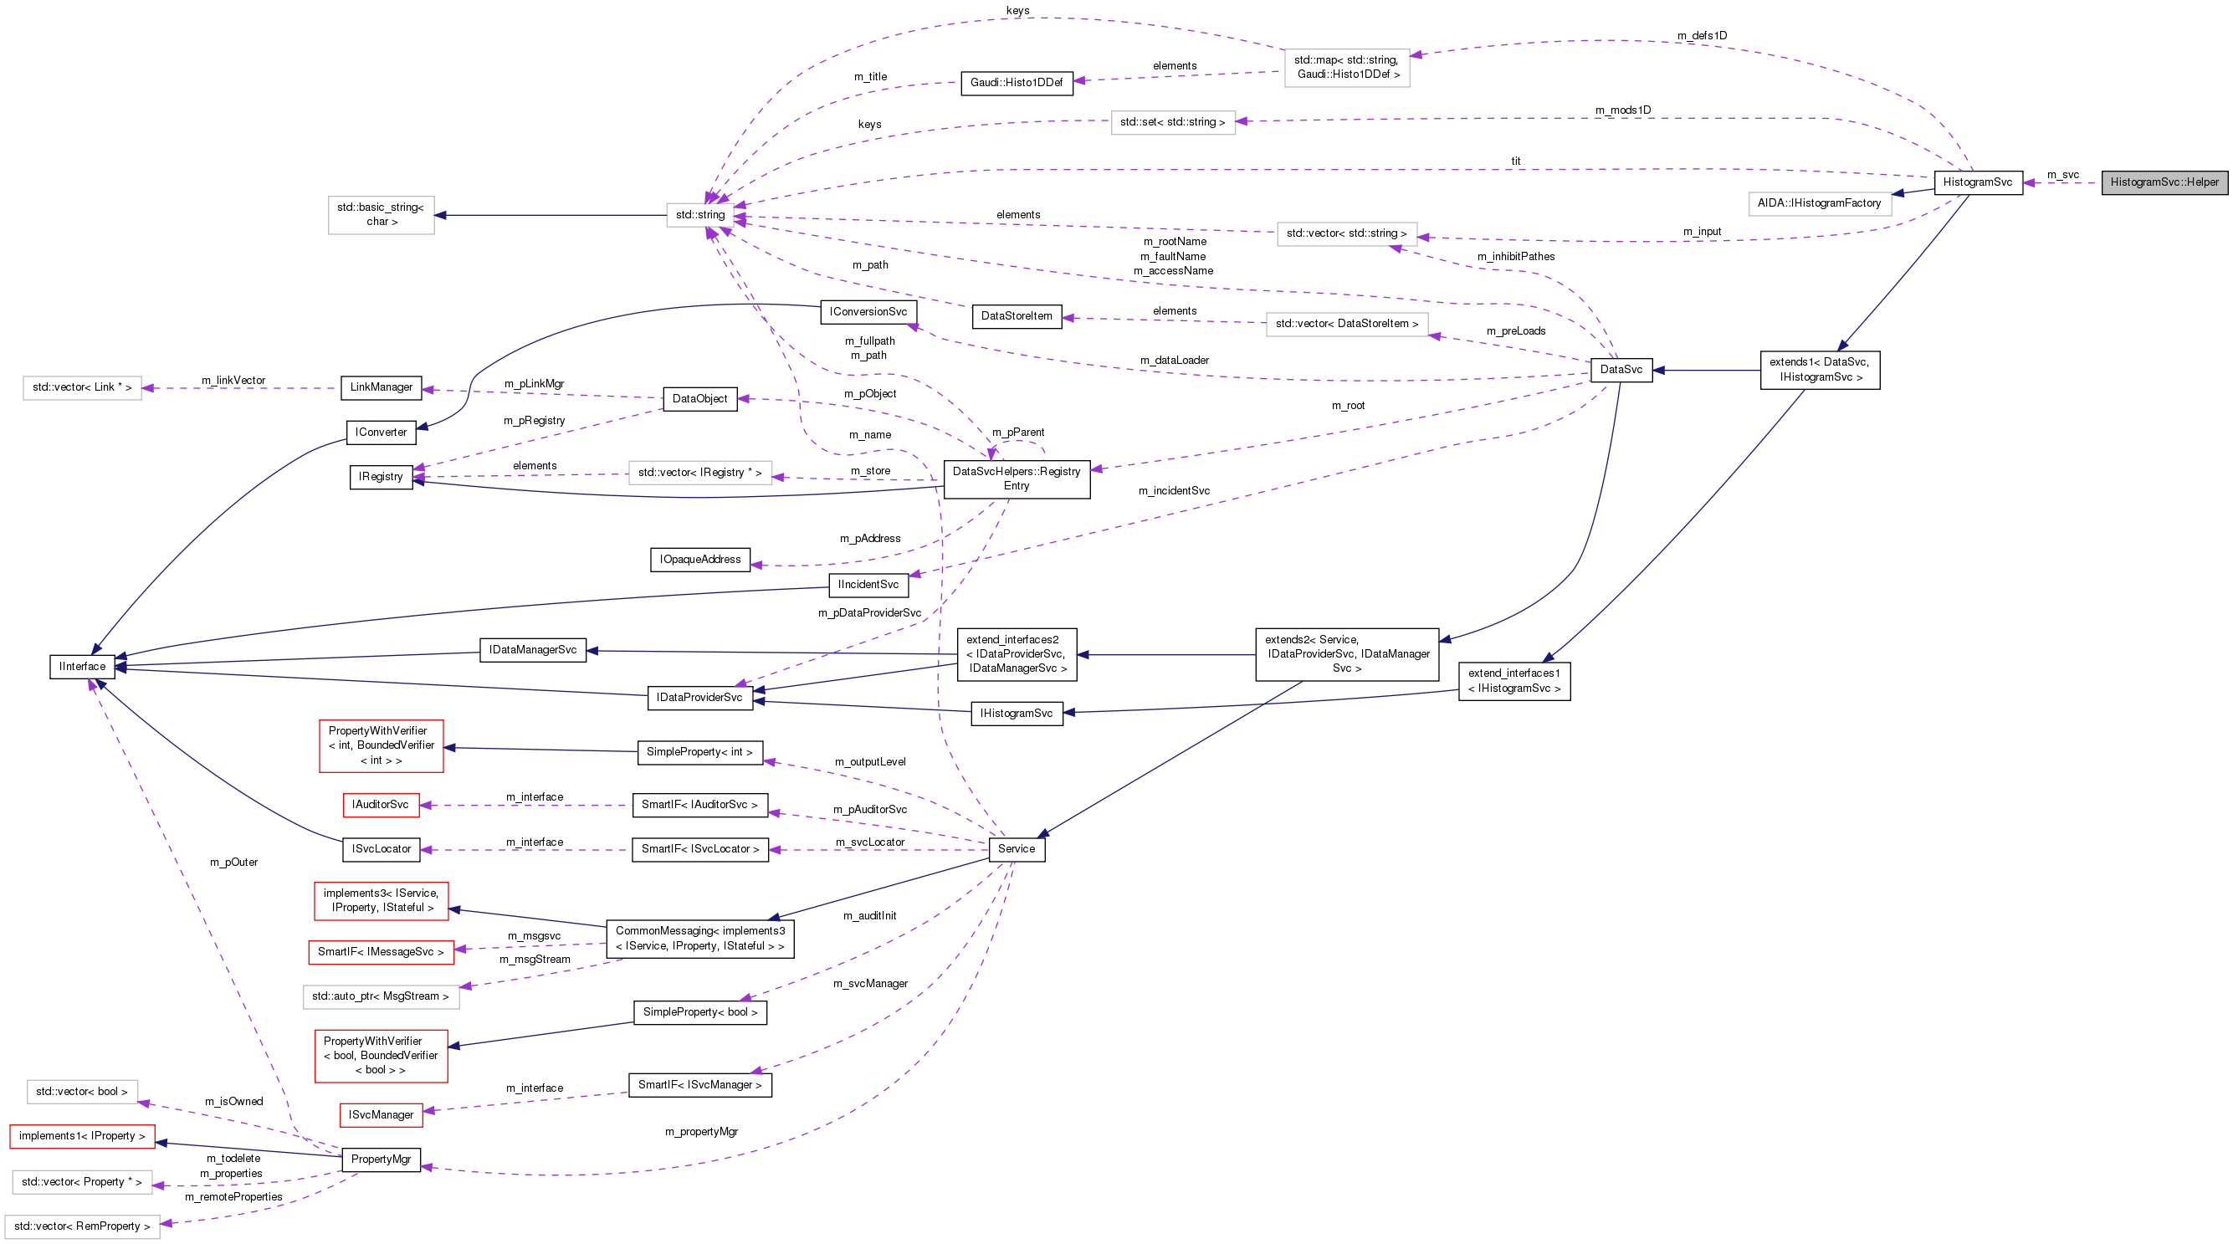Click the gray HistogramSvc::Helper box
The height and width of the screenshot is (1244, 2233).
coord(2164,182)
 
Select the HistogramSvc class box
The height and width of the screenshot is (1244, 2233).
coord(1977,182)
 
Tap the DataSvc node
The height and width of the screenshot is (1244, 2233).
coord(1620,369)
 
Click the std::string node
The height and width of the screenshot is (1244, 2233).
coord(699,215)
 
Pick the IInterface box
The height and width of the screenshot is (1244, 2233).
coord(82,667)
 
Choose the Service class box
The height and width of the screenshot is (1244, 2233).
coord(1016,848)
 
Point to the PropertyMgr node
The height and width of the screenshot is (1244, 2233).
coord(381,1159)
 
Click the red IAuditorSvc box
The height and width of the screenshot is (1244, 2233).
coord(380,805)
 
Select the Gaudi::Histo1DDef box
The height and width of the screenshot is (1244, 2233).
coord(1016,82)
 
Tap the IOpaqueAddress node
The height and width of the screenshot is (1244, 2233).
coord(699,559)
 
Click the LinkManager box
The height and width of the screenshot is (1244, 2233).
coord(381,387)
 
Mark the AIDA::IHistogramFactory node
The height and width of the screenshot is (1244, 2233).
coord(1819,202)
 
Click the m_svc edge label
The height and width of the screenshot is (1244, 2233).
coord(2063,175)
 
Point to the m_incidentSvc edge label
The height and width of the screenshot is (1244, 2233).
coord(1174,491)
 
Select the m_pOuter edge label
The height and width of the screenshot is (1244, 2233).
coord(234,862)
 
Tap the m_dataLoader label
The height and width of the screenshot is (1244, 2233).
coord(1174,360)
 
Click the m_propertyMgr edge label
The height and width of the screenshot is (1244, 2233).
coord(701,1131)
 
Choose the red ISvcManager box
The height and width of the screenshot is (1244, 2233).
coord(381,1115)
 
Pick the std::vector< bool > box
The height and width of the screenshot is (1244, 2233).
coord(81,1092)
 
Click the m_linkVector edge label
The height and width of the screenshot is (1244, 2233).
coord(233,381)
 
